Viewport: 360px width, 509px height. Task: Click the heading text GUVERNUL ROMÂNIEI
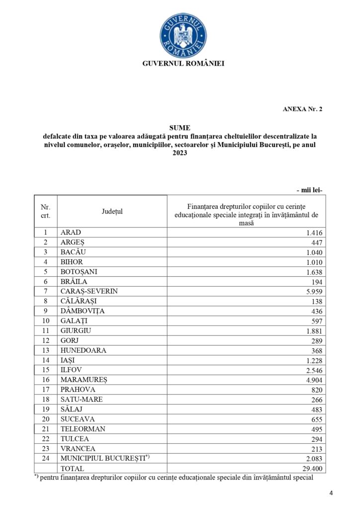click(x=183, y=64)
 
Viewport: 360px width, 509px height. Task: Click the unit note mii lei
click(x=309, y=190)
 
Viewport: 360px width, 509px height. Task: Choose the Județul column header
click(x=112, y=211)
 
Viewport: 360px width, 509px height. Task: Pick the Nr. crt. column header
click(x=46, y=211)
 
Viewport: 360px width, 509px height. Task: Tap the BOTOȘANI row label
click(x=79, y=271)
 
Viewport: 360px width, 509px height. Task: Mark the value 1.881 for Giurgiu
click(x=314, y=331)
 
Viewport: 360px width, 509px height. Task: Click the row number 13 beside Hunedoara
click(x=46, y=350)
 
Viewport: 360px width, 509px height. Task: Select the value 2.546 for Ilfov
click(x=314, y=370)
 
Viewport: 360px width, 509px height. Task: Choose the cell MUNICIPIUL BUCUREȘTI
click(x=103, y=458)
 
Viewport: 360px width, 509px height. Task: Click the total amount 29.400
click(x=313, y=468)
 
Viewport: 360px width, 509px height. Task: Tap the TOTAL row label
click(x=72, y=468)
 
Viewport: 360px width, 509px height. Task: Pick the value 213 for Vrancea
click(x=317, y=448)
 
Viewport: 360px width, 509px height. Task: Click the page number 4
click(x=331, y=493)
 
